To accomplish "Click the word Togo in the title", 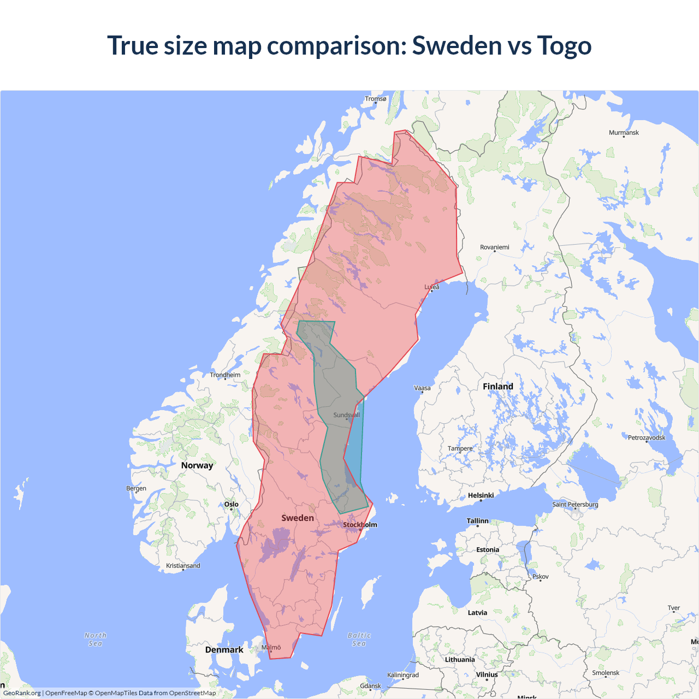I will (564, 46).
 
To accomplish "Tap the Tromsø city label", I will (376, 99).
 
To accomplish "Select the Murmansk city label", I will (624, 133).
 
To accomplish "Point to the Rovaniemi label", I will (494, 247).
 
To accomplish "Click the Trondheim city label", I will (225, 375).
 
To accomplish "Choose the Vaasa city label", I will (422, 388).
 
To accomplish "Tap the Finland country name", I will (497, 387).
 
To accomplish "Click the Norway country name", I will (197, 466).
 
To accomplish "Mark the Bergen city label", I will (136, 489).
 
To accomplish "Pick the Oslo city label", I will (232, 505).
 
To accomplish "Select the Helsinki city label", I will (481, 496).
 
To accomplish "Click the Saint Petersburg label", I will (575, 505).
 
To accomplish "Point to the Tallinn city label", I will (477, 521).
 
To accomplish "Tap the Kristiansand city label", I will (183, 566).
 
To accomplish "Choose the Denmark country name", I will (224, 650).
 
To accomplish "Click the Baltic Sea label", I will (359, 639).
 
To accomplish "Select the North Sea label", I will (96, 639).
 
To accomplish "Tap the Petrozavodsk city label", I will (647, 438).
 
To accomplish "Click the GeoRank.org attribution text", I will (22, 693).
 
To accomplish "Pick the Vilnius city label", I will (487, 675).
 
